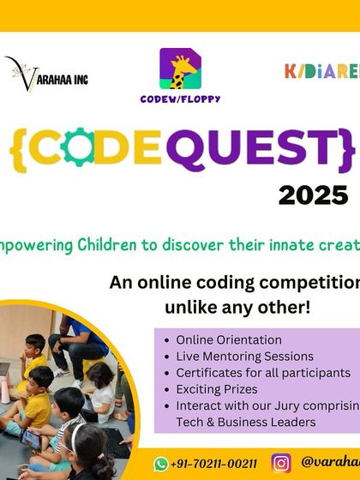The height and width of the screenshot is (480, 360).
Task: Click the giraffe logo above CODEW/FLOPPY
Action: point(181,69)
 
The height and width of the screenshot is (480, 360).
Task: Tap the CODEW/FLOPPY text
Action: point(181,99)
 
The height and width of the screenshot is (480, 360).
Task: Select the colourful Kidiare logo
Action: point(321,71)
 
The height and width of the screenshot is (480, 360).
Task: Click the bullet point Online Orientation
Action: point(228,340)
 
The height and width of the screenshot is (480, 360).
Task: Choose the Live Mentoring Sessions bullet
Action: point(244,357)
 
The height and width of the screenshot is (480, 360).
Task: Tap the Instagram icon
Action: point(280,463)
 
